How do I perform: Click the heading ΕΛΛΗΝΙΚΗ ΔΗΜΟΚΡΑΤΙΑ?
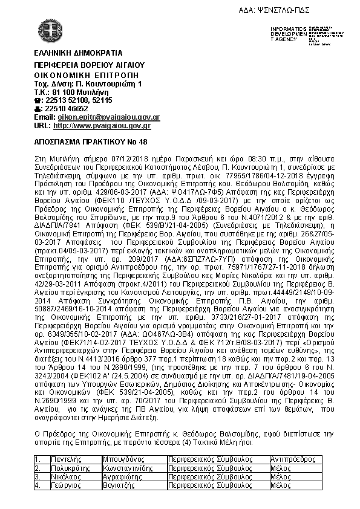(x=70, y=53)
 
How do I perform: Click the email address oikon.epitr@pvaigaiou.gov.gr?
(x=108, y=117)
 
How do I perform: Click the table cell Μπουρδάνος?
(x=123, y=459)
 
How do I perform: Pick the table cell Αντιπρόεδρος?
(x=290, y=459)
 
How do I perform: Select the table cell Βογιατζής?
(x=121, y=485)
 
